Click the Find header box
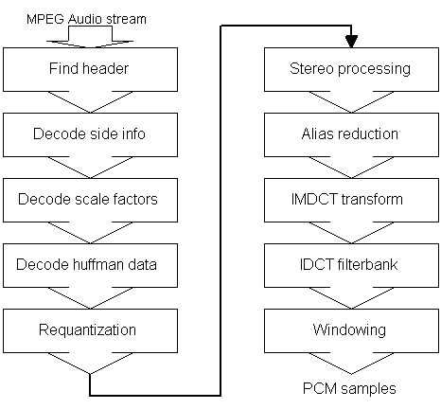(x=90, y=70)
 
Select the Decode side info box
(x=90, y=134)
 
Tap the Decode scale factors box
(x=90, y=200)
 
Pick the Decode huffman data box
(x=90, y=265)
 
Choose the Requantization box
(x=90, y=330)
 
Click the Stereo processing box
(x=351, y=70)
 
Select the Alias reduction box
(x=351, y=134)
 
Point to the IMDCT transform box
(x=351, y=200)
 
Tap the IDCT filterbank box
(x=351, y=265)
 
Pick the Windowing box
(x=351, y=330)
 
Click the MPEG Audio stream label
(x=86, y=19)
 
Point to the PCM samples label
(x=349, y=388)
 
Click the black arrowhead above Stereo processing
(x=351, y=42)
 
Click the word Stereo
(x=311, y=68)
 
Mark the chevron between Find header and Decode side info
(x=90, y=102)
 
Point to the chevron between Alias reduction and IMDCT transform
(x=351, y=168)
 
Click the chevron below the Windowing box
(x=351, y=364)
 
